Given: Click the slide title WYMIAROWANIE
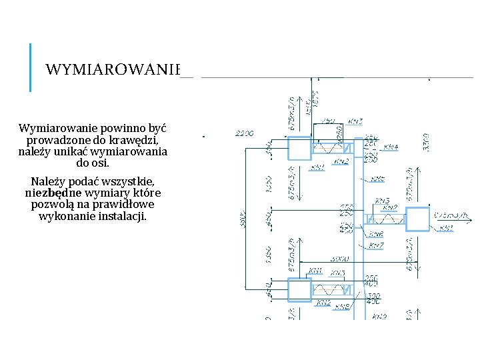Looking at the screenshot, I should [113, 69].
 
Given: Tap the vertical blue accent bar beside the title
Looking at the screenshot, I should [31, 67].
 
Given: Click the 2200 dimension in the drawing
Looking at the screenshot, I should [245, 133].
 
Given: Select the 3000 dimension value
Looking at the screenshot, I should [340, 258].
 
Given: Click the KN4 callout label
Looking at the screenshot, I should [392, 147].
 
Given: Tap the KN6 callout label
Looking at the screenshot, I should [376, 234].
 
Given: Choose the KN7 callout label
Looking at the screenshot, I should [376, 246].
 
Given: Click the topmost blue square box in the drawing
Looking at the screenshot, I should [300, 149].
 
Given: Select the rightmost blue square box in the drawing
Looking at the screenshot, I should [418, 220].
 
